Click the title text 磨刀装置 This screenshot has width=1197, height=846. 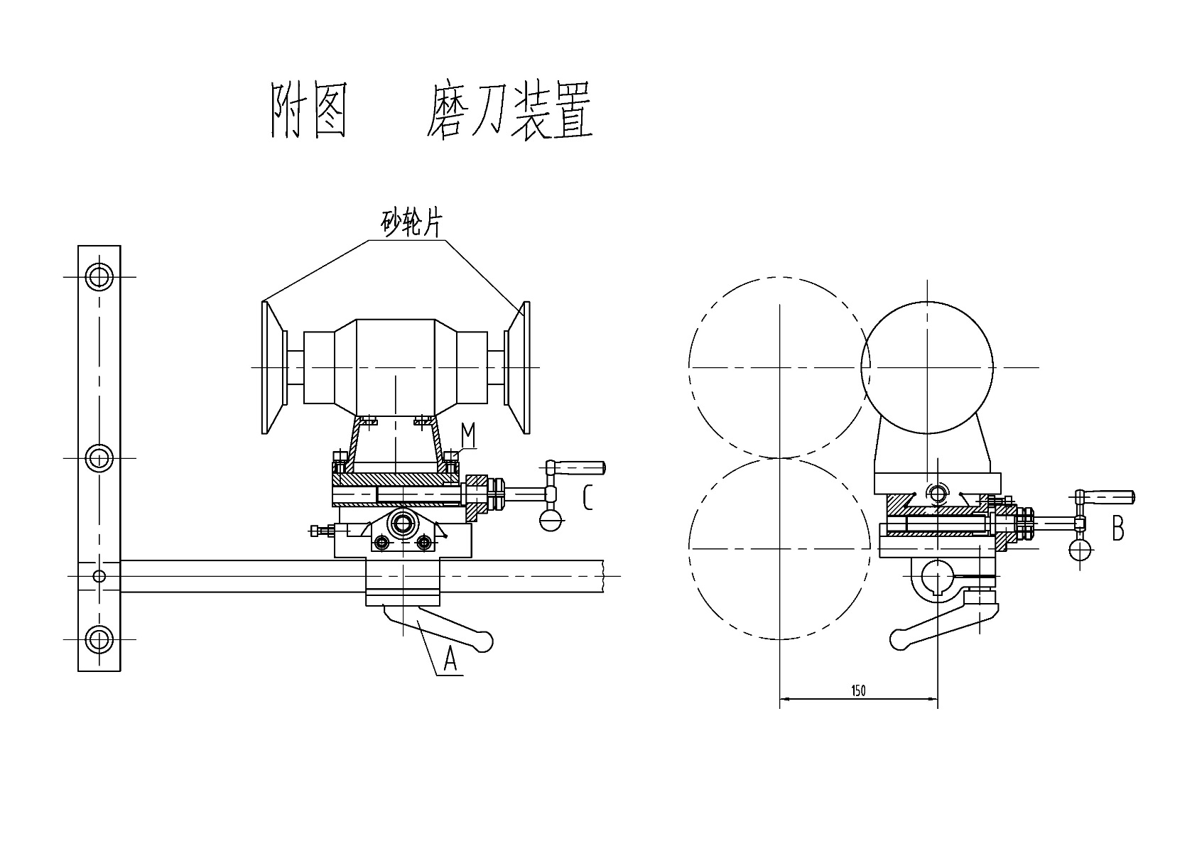(x=509, y=112)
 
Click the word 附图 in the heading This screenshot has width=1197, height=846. (x=309, y=112)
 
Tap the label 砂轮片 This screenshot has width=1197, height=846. (x=412, y=223)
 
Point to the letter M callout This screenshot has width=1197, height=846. (x=467, y=434)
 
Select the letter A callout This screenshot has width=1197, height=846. (x=450, y=660)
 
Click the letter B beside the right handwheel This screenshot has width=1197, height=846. (x=1117, y=528)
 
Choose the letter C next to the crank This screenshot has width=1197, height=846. (x=587, y=497)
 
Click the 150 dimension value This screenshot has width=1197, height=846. (x=858, y=690)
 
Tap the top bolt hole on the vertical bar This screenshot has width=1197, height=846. (x=99, y=276)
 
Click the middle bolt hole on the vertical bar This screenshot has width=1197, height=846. (x=99, y=458)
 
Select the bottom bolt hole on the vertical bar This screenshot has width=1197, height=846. (x=99, y=639)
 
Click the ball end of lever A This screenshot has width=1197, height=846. (x=485, y=641)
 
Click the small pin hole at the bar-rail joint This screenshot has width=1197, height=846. (x=99, y=575)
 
